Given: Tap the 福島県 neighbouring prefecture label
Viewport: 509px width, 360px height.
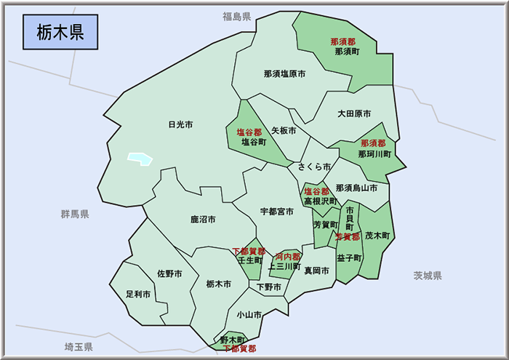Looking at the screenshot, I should (237, 16).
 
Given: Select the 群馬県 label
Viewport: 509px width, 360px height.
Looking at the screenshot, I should (75, 214).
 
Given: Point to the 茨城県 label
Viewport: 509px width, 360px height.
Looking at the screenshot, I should (428, 276).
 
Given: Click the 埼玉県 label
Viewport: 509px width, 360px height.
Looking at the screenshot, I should (78, 346).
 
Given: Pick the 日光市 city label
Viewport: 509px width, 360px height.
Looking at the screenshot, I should (180, 124).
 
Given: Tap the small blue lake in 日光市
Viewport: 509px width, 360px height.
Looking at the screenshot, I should (139, 158).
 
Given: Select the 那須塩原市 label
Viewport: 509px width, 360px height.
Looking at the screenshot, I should (284, 74).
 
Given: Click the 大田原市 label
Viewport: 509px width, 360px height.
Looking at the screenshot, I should (354, 114).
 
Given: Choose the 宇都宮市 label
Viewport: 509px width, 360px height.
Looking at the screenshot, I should (277, 212).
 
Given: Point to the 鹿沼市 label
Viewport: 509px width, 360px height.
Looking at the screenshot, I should (203, 219).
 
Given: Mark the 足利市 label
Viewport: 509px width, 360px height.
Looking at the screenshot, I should (138, 295).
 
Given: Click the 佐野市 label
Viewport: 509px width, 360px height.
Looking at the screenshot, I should (169, 273).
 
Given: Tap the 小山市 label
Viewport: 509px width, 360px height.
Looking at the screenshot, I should (249, 315).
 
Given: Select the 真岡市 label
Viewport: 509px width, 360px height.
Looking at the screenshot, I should (316, 271).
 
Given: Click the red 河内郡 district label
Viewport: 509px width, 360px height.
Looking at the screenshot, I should (288, 257).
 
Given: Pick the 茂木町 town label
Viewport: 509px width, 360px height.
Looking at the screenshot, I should (377, 236).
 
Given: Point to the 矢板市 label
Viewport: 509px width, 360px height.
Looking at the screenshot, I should (284, 131).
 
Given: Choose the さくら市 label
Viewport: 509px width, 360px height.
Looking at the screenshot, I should (314, 167).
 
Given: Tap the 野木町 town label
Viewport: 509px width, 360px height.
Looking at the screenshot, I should (233, 340).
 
